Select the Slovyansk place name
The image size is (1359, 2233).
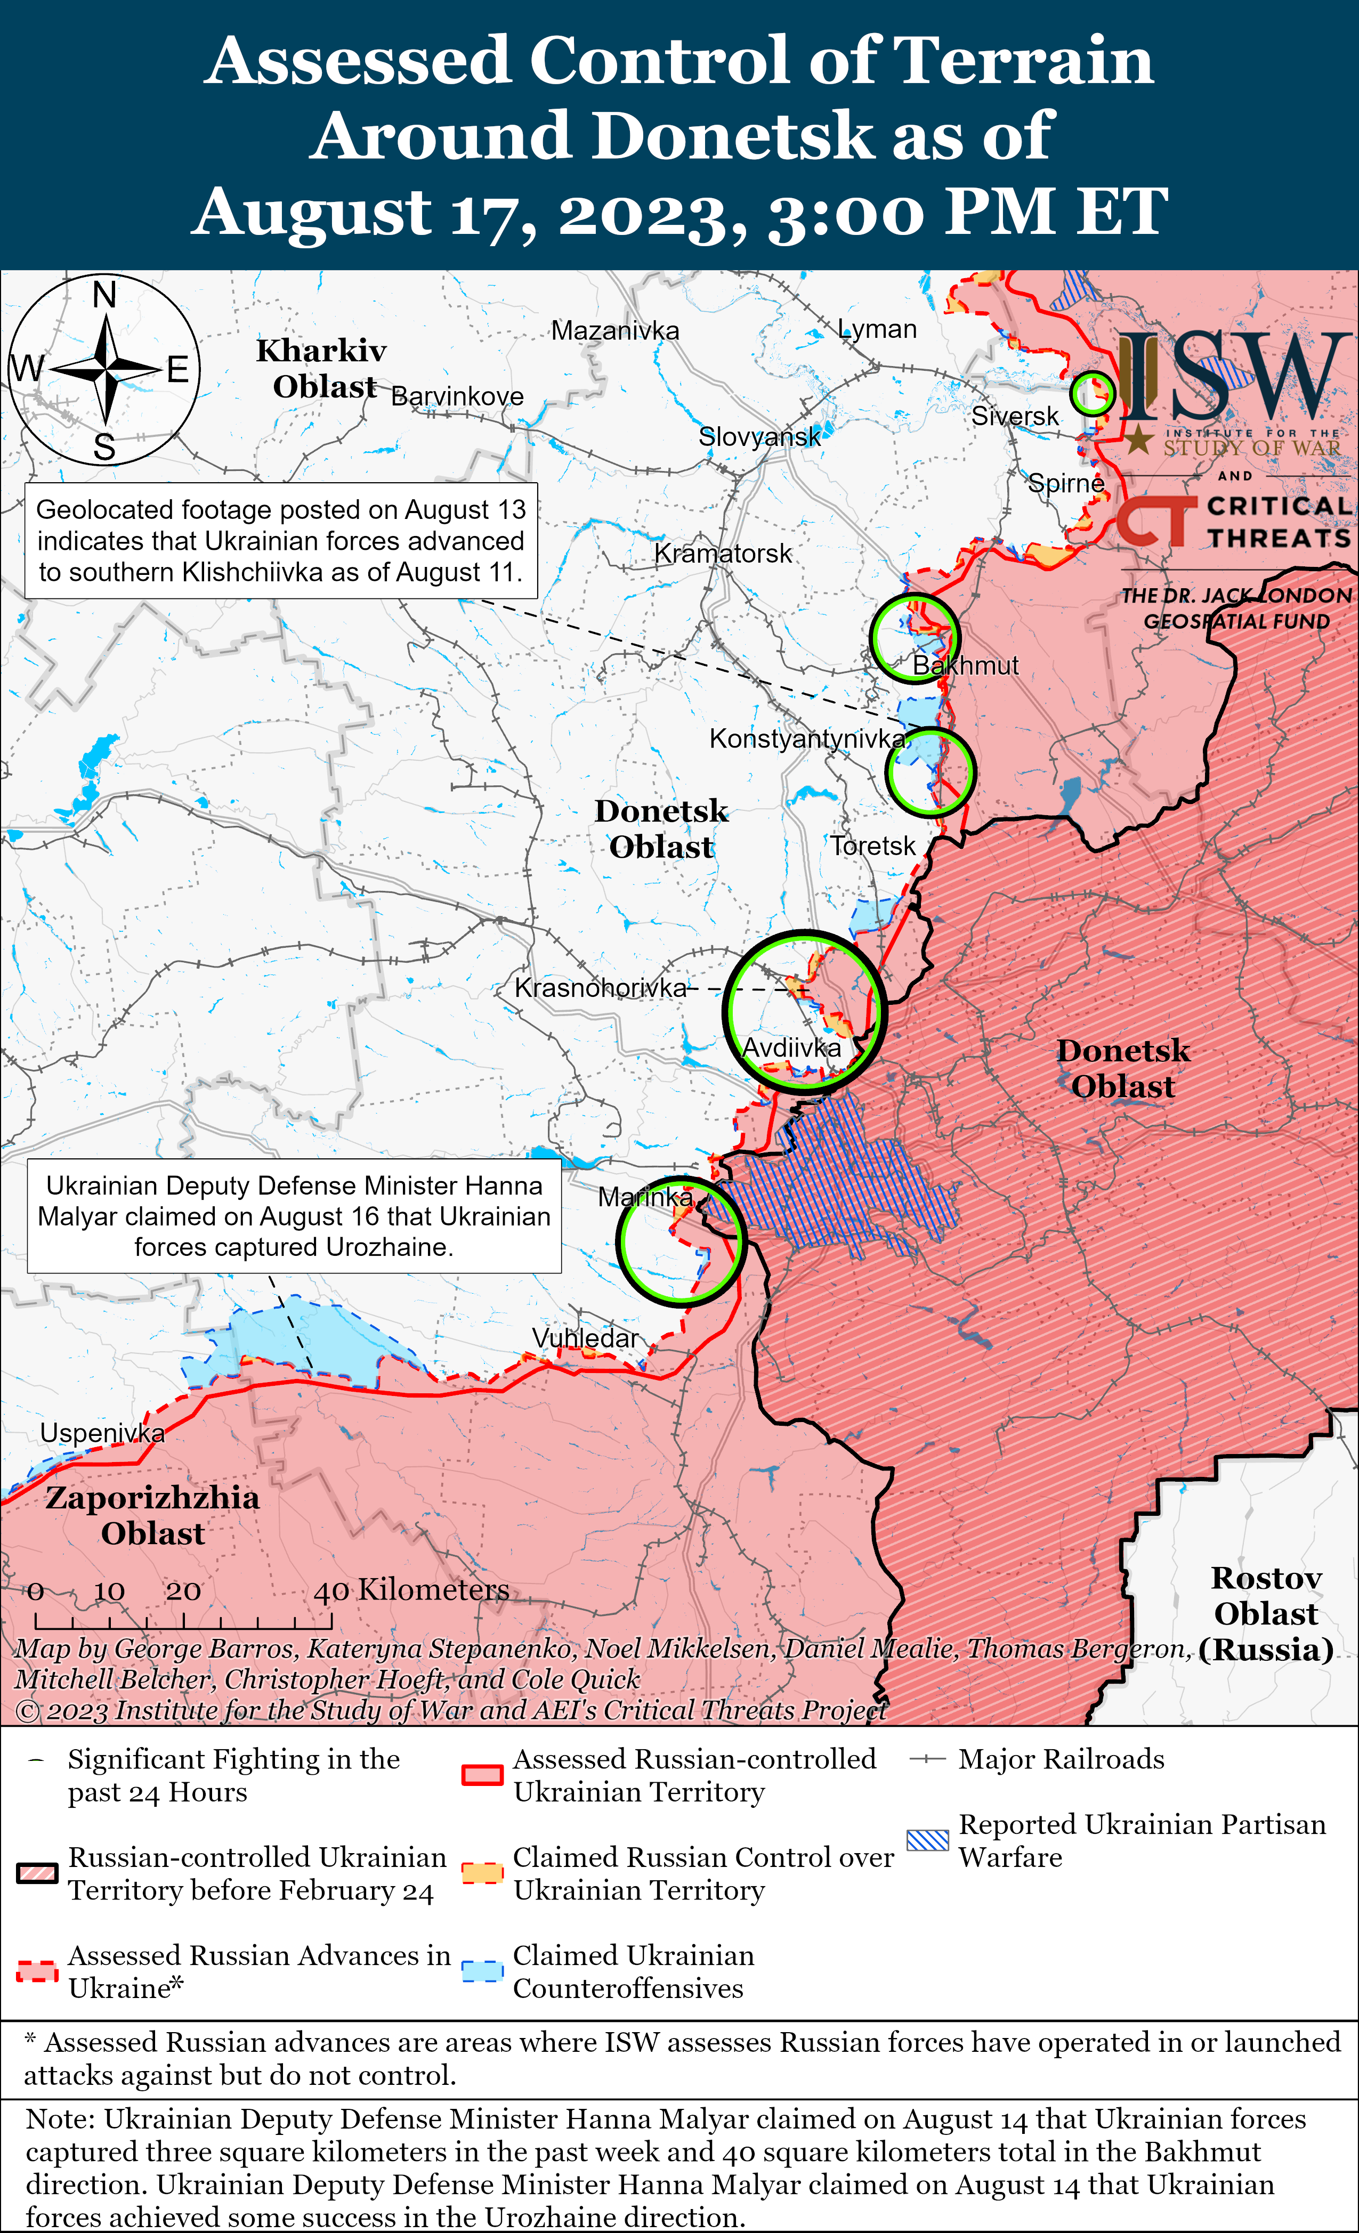(760, 437)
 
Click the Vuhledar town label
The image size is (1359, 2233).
(585, 1338)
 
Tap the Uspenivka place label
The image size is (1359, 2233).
(102, 1433)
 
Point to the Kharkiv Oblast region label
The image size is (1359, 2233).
(323, 368)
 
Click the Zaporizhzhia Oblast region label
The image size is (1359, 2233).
(152, 1515)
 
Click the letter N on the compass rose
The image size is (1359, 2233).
(105, 295)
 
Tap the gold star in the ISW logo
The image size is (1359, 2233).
(1139, 441)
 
